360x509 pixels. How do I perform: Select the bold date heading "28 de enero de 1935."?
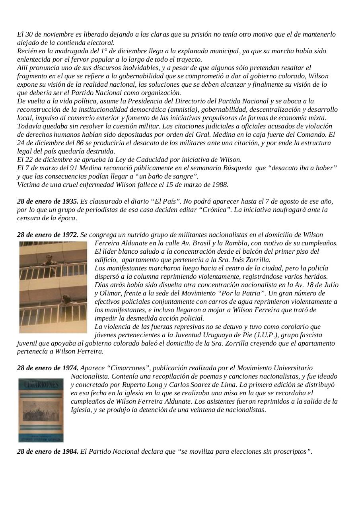point(48,201)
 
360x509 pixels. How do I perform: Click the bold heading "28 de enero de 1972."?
point(48,235)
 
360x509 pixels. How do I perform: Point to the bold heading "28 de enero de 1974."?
point(48,368)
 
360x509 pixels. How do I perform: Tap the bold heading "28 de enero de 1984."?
point(48,452)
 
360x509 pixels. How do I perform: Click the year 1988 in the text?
point(220,185)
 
